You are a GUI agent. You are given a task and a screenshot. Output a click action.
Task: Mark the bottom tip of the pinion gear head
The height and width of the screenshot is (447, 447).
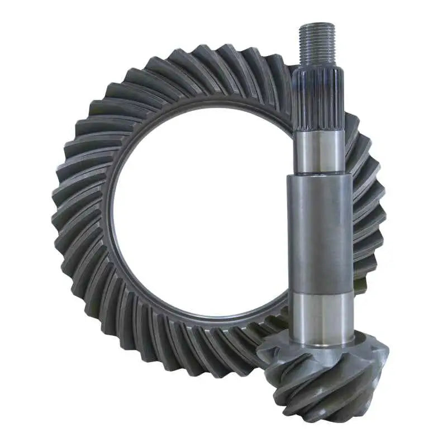click(x=330, y=420)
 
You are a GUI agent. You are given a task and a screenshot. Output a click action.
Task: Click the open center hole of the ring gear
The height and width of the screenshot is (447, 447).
click(x=201, y=212)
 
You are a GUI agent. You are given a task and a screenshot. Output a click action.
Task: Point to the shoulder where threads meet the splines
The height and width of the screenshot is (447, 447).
click(x=317, y=66)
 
